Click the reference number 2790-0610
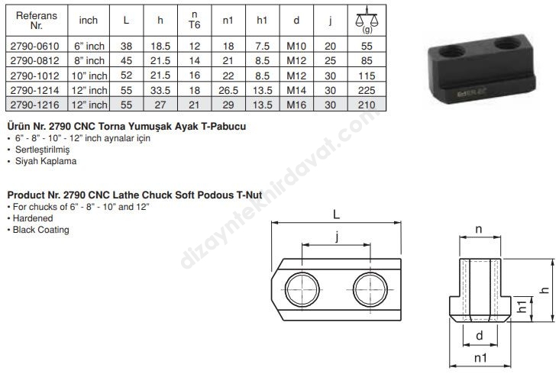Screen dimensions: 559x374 (x=34, y=46)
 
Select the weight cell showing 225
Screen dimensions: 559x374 (x=367, y=91)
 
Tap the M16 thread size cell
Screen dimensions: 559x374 (x=296, y=105)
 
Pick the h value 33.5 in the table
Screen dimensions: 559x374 (x=160, y=91)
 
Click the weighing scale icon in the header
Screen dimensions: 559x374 (x=367, y=20)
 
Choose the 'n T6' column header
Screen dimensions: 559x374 (x=194, y=20)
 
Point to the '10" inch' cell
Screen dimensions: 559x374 (x=89, y=76)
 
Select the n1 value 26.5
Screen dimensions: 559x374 (x=228, y=91)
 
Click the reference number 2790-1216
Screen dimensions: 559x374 (x=34, y=105)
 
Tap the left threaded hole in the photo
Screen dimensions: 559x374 (x=451, y=53)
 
